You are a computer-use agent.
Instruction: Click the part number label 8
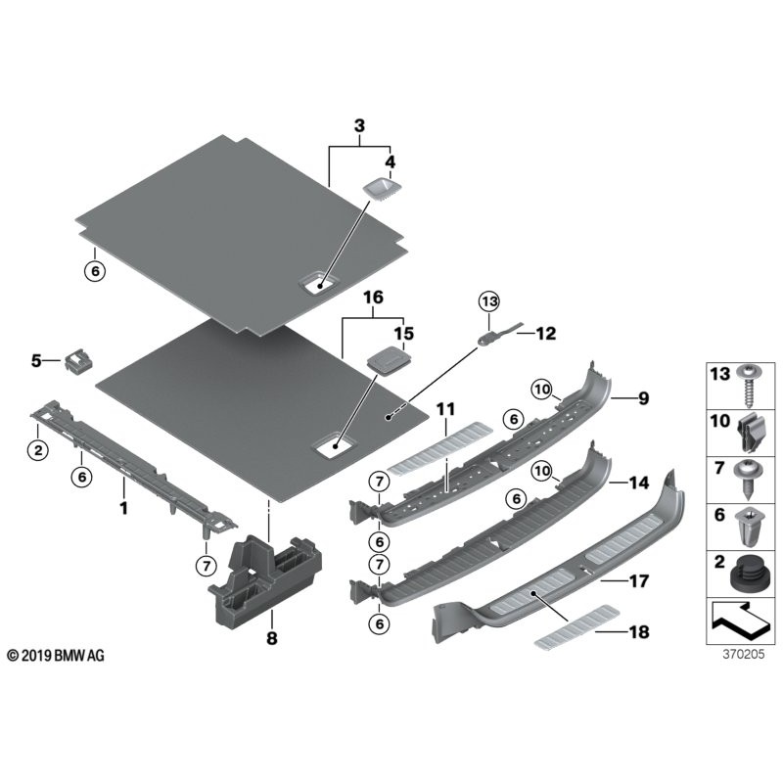[x=272, y=639]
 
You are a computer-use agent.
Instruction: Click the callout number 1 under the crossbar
[x=123, y=508]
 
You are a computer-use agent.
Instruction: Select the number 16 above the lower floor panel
[x=373, y=297]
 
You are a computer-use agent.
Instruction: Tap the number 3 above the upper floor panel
[x=358, y=127]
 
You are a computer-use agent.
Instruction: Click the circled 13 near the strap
[x=488, y=301]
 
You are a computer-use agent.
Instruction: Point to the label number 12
[x=544, y=333]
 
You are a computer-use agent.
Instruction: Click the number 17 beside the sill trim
[x=638, y=581]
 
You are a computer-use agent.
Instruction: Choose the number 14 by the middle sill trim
[x=638, y=483]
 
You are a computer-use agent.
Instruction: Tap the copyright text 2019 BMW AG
[x=55, y=655]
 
